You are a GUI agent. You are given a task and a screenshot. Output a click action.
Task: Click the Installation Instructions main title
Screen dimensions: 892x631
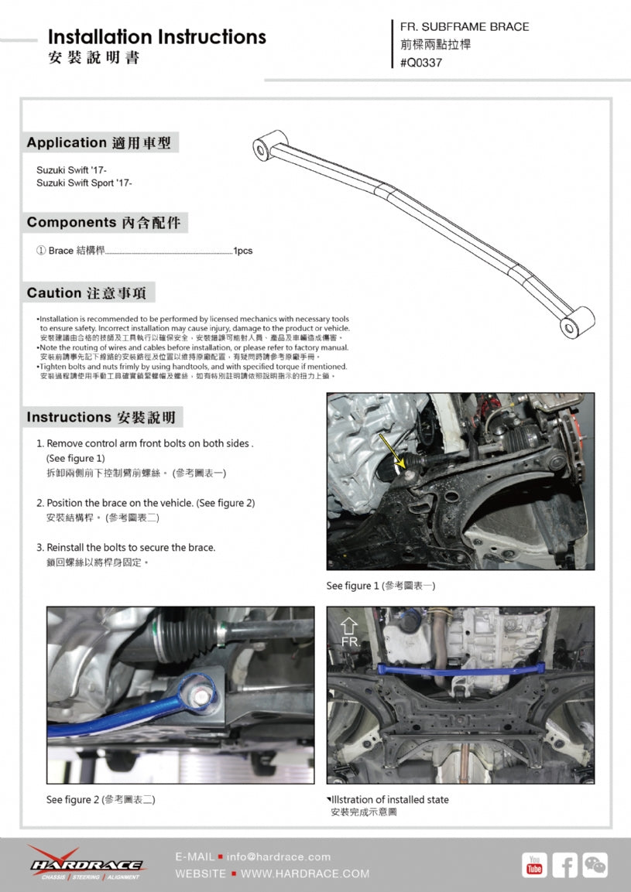coord(156,36)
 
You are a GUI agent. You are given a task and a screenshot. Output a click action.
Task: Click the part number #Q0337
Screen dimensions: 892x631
coord(421,63)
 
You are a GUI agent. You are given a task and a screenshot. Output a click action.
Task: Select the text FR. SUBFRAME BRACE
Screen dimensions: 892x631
coord(465,26)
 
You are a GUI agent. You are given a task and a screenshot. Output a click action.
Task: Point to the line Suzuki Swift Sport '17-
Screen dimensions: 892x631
coord(84,183)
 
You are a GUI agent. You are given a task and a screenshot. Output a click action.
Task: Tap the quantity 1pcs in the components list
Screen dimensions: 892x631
coord(243,251)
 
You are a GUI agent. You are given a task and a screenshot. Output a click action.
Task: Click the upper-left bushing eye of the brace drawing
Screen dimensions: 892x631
coord(264,146)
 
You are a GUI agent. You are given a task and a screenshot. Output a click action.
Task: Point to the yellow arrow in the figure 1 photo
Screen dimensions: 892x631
coord(389,452)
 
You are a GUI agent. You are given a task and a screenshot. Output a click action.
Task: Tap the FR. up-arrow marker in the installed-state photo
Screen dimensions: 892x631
coord(349,631)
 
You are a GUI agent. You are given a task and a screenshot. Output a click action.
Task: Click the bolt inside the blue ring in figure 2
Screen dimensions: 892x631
coord(200,695)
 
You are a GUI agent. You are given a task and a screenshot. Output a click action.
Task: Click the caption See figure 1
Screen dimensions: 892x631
coord(381,586)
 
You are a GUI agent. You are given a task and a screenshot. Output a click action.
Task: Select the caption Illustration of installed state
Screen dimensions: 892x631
coord(389,799)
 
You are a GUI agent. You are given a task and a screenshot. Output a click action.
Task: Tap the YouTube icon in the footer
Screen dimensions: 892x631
coord(533,866)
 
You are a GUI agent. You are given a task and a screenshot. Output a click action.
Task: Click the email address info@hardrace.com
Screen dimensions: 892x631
coord(279,856)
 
